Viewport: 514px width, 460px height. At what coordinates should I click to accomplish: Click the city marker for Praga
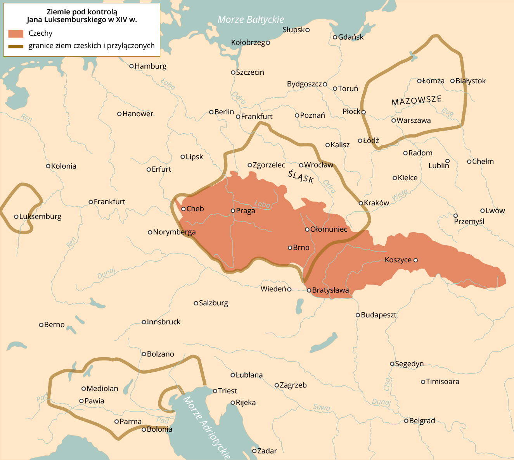(233, 211)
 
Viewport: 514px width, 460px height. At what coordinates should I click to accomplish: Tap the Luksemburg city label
(40, 217)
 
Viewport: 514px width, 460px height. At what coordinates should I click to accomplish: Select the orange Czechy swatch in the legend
(16, 33)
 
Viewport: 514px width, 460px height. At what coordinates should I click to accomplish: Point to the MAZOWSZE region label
(416, 100)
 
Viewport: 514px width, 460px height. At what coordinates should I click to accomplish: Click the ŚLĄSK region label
(301, 177)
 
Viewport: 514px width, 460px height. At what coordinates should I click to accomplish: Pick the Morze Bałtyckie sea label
(251, 20)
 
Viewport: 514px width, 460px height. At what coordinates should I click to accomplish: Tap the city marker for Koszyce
(416, 260)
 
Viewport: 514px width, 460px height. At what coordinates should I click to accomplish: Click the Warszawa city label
(414, 121)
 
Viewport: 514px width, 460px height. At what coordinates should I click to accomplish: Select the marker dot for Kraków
(361, 203)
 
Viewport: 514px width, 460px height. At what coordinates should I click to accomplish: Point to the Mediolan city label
(102, 389)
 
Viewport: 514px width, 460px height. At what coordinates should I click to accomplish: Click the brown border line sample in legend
(16, 46)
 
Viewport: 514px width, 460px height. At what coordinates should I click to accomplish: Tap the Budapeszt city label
(379, 315)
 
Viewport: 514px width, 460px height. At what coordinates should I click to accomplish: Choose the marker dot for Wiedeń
(289, 289)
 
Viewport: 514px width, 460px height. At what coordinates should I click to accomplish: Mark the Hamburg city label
(151, 66)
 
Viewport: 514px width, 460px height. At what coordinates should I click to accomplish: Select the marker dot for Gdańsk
(335, 37)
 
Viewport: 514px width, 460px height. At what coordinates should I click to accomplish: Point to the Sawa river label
(322, 407)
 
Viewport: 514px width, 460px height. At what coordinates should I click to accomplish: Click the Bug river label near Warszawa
(447, 112)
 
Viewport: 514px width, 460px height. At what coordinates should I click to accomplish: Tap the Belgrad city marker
(406, 421)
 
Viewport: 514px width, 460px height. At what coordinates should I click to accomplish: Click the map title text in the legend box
(82, 16)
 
